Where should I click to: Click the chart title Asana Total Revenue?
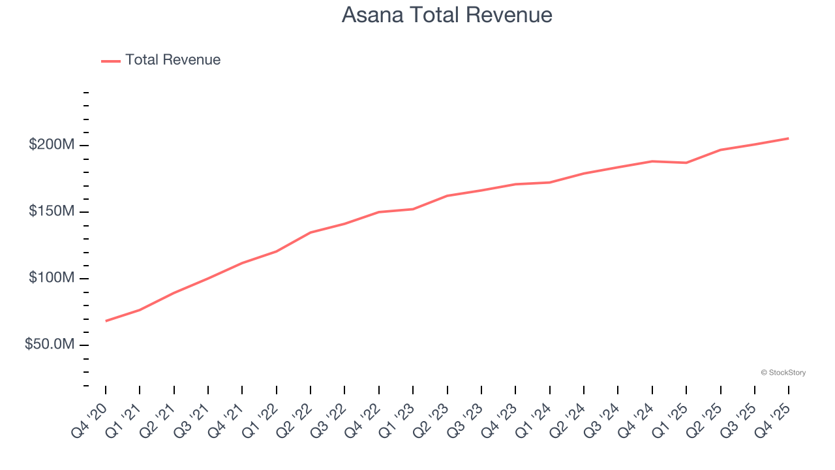pos(447,15)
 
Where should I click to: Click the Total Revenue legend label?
pos(173,60)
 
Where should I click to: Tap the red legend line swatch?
pos(111,61)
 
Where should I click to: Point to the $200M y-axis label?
pos(52,145)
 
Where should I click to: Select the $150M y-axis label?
pos(52,212)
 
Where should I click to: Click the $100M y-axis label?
pos(52,279)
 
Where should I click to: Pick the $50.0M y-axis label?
pos(50,345)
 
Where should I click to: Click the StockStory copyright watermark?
pos(783,373)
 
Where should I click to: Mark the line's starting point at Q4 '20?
pos(106,321)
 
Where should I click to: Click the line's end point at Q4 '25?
pos(788,138)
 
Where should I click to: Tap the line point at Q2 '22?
pos(311,232)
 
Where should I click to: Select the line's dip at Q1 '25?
pos(686,163)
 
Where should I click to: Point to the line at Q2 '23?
pos(448,196)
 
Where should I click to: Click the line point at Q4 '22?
pos(379,212)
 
